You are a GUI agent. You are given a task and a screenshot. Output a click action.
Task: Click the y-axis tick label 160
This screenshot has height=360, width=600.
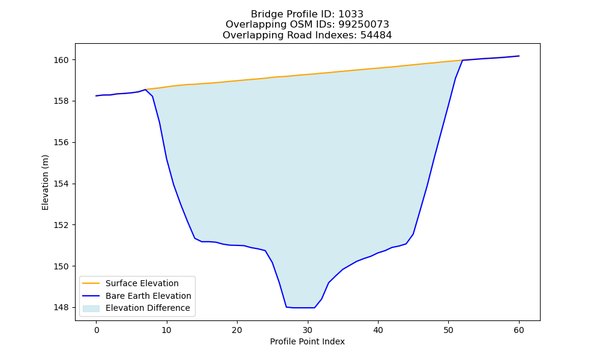[x=61, y=61]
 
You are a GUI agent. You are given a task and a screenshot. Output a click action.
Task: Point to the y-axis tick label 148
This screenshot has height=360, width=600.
[x=61, y=308]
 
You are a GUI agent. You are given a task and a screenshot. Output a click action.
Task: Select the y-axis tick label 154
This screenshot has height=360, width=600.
[x=61, y=184]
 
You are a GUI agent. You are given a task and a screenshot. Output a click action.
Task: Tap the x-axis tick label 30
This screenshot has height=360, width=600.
[x=308, y=331]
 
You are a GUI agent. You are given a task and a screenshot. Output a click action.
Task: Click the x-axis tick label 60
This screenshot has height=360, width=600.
[x=519, y=331]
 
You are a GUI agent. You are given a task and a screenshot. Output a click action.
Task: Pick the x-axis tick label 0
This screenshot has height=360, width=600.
[x=97, y=331]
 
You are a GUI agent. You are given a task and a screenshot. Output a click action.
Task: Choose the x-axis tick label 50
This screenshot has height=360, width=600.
[x=448, y=331]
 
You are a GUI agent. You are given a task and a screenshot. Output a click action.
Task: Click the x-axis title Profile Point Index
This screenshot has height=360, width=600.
[x=307, y=341]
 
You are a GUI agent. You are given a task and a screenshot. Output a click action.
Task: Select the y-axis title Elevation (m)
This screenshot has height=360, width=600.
[x=46, y=182]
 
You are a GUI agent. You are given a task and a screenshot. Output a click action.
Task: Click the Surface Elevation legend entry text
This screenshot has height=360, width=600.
[x=142, y=283]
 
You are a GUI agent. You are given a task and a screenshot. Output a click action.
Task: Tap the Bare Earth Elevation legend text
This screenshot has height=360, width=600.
[x=148, y=296]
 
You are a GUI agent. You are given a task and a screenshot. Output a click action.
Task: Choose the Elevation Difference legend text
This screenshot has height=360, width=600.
[x=148, y=308]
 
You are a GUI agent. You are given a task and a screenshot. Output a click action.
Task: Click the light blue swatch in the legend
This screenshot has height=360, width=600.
[x=91, y=308]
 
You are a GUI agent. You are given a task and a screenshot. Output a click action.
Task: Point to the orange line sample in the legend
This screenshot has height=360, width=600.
[x=91, y=283]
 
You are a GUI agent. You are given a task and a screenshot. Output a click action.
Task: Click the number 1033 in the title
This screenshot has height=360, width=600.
[x=351, y=14]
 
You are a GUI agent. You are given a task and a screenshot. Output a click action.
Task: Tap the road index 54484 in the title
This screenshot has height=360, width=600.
[x=376, y=35]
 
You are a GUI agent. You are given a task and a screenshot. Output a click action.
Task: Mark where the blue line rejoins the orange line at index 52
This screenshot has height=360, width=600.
[x=463, y=60]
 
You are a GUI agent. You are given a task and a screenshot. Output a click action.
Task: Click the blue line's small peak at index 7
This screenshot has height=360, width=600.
[x=145, y=89]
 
